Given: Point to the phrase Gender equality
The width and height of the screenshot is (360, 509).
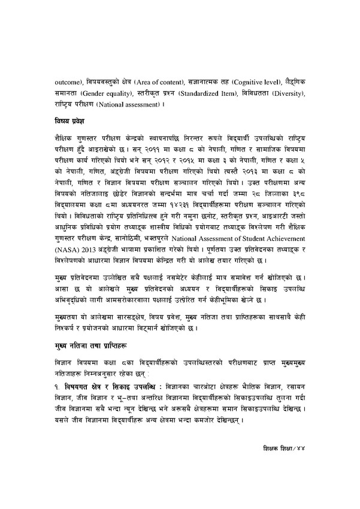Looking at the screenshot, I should pyautogui.click(x=95, y=93).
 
